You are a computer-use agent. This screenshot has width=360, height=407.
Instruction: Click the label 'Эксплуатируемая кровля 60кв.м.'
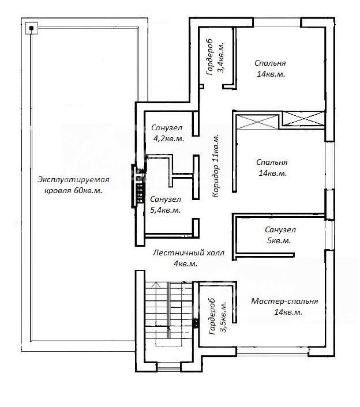[73, 185]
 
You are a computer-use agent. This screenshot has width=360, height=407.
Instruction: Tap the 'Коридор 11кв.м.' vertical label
[216, 166]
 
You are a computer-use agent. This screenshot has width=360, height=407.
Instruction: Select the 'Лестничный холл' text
[188, 253]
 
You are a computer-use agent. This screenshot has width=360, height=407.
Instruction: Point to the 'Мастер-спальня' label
[284, 301]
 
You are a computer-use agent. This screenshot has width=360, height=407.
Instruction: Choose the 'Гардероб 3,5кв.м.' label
[217, 316]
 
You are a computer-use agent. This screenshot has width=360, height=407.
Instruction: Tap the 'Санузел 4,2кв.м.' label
[167, 133]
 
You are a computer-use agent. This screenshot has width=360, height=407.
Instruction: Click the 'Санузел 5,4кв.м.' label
[166, 205]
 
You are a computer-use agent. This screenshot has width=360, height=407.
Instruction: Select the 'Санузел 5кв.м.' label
[280, 235]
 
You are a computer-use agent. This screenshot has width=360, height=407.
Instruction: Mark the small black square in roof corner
[32, 28]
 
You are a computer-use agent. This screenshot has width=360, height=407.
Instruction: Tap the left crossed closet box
[258, 122]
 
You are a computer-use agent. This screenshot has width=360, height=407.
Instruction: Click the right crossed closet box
[303, 119]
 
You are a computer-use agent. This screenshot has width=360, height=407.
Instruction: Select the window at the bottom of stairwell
[169, 367]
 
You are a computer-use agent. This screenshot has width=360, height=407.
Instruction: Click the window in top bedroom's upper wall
[277, 22]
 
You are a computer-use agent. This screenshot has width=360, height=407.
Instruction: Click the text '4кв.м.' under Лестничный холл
[185, 263]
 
